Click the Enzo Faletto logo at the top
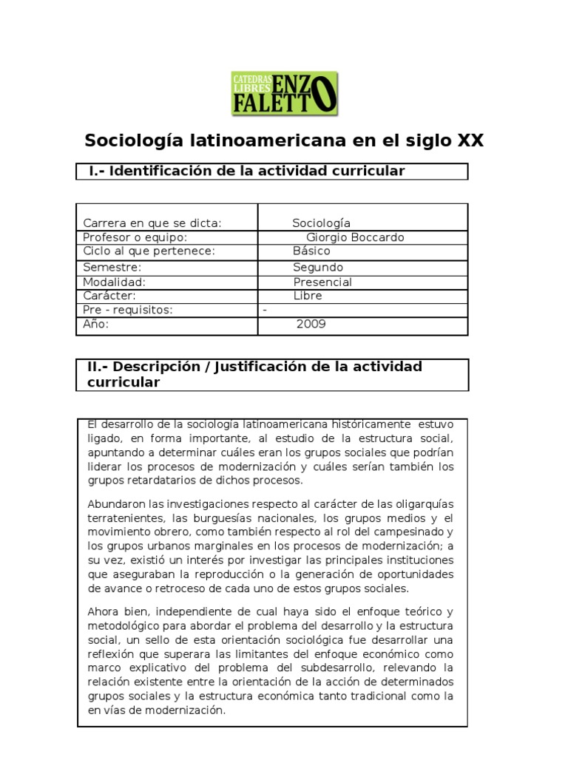285,93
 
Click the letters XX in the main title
470,140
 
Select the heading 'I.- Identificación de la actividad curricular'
246,172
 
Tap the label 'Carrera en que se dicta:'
152,223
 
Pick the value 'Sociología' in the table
321,223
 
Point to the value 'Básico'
311,251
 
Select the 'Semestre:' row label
112,268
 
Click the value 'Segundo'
318,268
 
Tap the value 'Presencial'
322,282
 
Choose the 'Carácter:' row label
109,296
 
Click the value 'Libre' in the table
308,296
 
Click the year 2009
311,324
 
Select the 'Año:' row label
96,324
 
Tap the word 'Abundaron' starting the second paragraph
114,504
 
